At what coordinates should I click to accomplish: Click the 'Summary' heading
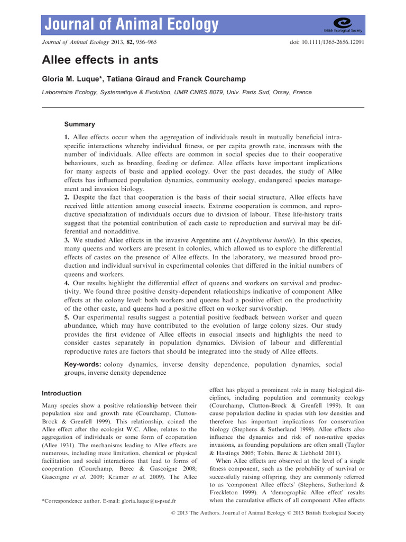point(79,124)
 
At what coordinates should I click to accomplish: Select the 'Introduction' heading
point(61,393)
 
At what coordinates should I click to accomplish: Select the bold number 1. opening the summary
point(67,137)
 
